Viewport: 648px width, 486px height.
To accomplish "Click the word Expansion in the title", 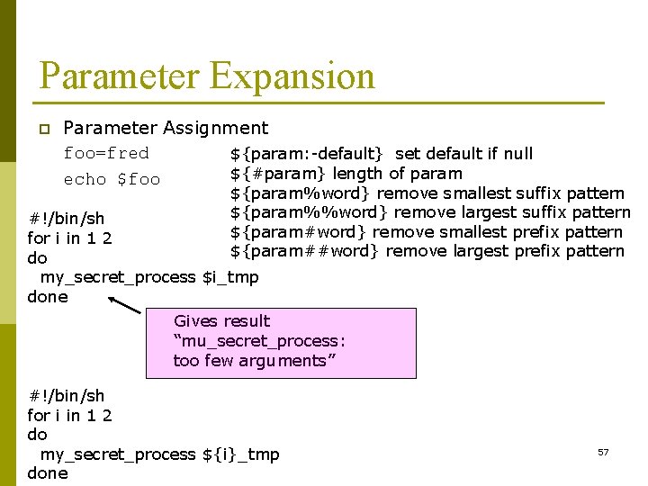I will tap(292, 76).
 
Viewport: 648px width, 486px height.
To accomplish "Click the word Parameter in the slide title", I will tap(120, 76).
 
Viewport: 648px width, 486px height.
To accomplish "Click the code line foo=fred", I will tap(106, 153).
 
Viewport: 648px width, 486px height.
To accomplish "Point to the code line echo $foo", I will tap(112, 179).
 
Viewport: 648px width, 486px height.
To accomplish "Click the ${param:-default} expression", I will tap(307, 154).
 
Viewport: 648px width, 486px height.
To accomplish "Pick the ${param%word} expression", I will tap(301, 193).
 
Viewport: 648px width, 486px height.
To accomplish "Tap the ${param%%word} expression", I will tap(310, 212).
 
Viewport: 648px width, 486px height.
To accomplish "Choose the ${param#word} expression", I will tap(301, 232).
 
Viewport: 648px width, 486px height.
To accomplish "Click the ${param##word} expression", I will tap(305, 251).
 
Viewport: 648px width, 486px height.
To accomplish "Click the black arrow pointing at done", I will tap(124, 305).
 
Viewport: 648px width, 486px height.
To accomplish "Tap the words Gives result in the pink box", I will tap(221, 321).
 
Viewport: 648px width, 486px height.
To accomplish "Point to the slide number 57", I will tap(603, 452).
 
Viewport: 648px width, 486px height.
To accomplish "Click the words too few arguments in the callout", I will tap(250, 361).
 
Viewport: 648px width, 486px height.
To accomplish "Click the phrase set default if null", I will tap(464, 154).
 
